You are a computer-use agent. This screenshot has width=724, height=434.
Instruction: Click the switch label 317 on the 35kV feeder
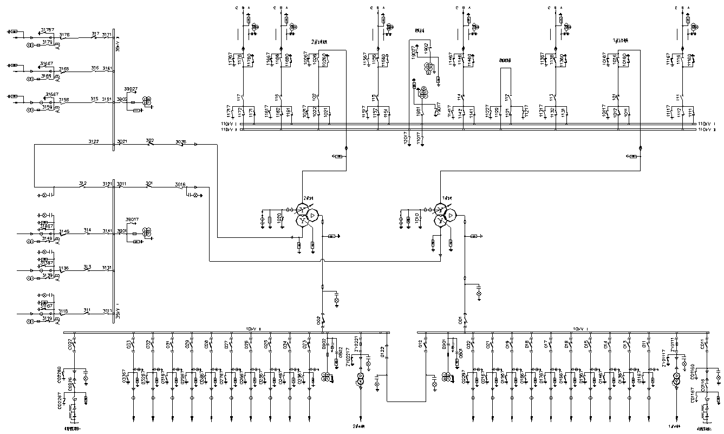point(95,34)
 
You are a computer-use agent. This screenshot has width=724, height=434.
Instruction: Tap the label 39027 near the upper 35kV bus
point(131,88)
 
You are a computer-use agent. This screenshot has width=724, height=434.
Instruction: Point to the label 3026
point(180,141)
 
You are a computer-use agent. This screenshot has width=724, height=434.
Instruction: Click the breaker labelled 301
point(149,184)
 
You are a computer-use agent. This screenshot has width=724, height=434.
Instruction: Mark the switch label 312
point(83,183)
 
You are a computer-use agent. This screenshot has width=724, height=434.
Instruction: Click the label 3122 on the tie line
point(94,141)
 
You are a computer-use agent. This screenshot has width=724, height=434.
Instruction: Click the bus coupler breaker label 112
point(508,97)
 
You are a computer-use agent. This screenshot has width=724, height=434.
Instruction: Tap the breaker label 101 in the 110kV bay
point(615,97)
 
